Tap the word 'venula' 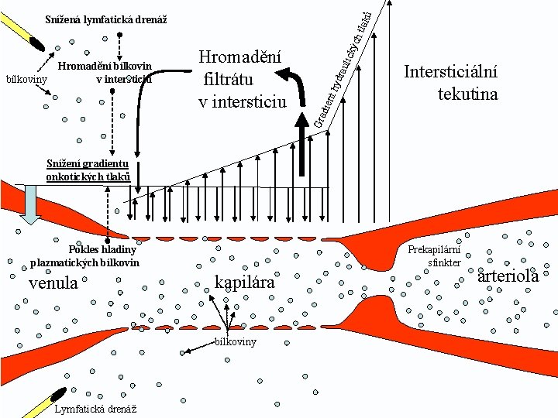tap(53, 283)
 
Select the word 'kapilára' tap(246, 283)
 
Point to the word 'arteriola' tap(508, 276)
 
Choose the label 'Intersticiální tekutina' tap(451, 83)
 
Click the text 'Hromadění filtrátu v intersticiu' tap(242, 79)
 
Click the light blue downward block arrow tap(32, 204)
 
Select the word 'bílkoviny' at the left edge tap(26, 78)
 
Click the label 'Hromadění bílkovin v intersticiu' tap(105, 72)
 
